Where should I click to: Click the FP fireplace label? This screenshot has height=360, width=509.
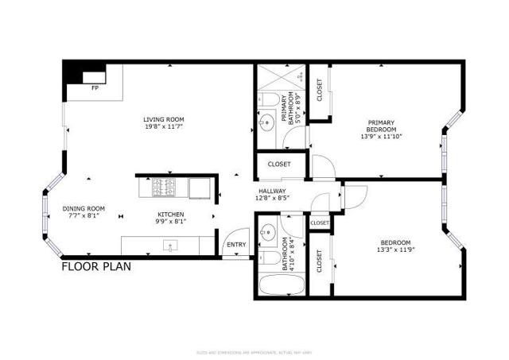(x=95, y=87)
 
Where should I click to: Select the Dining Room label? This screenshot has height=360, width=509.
(x=84, y=207)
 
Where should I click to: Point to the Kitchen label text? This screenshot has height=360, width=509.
(x=170, y=214)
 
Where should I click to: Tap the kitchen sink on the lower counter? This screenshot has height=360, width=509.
(x=169, y=245)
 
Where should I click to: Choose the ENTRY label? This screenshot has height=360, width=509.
(x=236, y=245)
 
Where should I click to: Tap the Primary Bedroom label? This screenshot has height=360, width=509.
(x=380, y=126)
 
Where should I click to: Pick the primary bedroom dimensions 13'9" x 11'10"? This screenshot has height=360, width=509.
(x=380, y=136)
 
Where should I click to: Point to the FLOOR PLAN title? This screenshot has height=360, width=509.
(x=96, y=267)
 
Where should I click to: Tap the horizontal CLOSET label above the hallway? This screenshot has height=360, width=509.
(x=279, y=165)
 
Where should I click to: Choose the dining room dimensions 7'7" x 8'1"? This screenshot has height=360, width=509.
(x=84, y=215)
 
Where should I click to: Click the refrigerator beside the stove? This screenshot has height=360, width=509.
(x=199, y=188)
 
